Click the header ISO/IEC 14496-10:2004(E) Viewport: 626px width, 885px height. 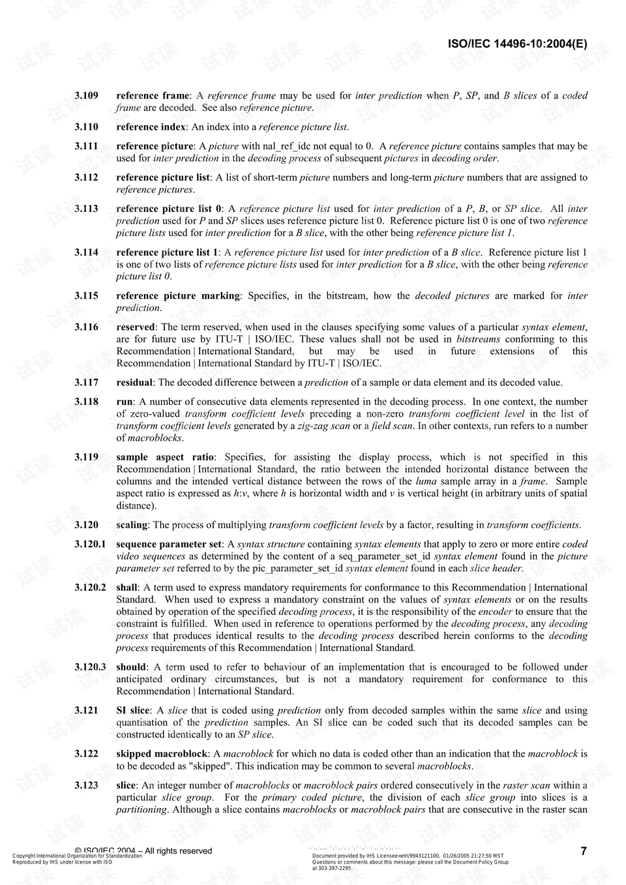(x=517, y=44)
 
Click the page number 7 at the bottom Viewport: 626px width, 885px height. (x=584, y=850)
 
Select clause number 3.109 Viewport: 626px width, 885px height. (x=86, y=96)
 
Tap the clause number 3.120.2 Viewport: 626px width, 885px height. (x=90, y=588)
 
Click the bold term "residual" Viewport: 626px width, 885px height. (x=134, y=383)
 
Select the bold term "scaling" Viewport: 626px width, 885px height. (x=132, y=525)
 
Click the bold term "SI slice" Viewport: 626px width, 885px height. (x=133, y=711)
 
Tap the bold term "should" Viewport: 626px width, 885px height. (x=131, y=667)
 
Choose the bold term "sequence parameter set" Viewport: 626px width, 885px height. (x=169, y=544)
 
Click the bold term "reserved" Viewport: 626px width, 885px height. (x=136, y=327)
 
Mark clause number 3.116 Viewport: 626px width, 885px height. (x=86, y=327)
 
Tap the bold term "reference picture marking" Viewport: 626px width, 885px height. (x=178, y=296)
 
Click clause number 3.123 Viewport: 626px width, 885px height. (x=86, y=786)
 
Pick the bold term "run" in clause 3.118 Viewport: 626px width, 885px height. (x=124, y=402)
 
